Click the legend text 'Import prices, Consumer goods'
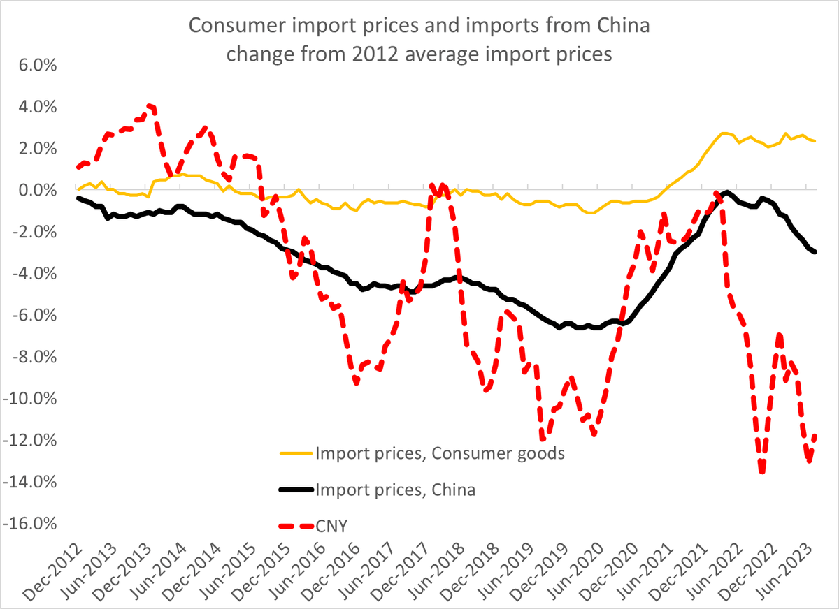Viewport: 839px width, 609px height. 440,453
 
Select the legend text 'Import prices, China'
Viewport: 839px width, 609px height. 396,490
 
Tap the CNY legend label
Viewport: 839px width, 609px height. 334,526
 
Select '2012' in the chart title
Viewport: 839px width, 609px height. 376,54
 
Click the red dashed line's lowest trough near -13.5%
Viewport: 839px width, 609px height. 761,472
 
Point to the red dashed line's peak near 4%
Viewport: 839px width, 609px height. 150,106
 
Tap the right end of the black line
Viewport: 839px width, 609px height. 815,252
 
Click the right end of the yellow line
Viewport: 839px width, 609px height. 815,141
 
